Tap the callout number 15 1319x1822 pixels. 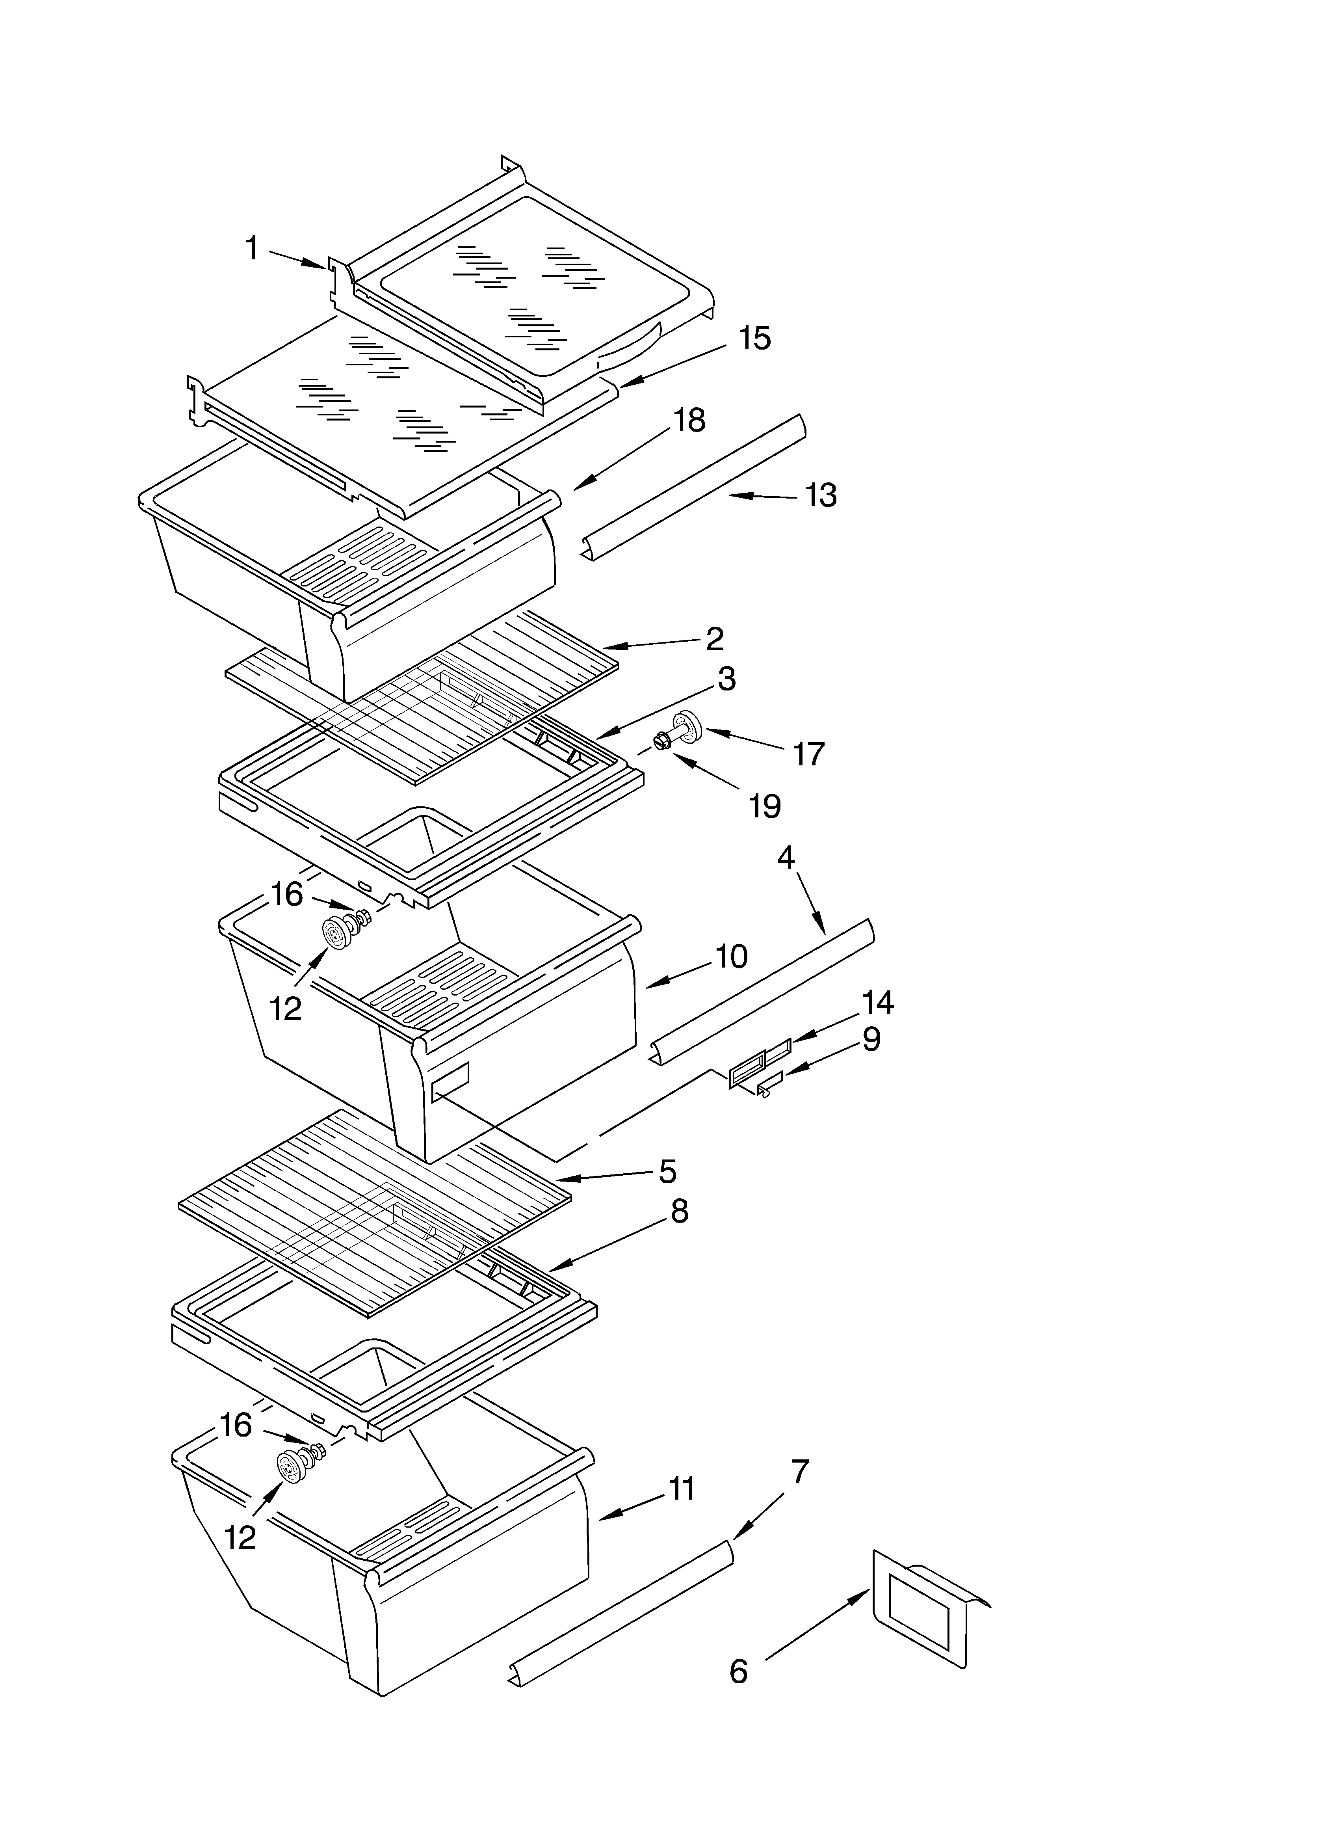754,338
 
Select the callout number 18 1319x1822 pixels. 688,420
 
